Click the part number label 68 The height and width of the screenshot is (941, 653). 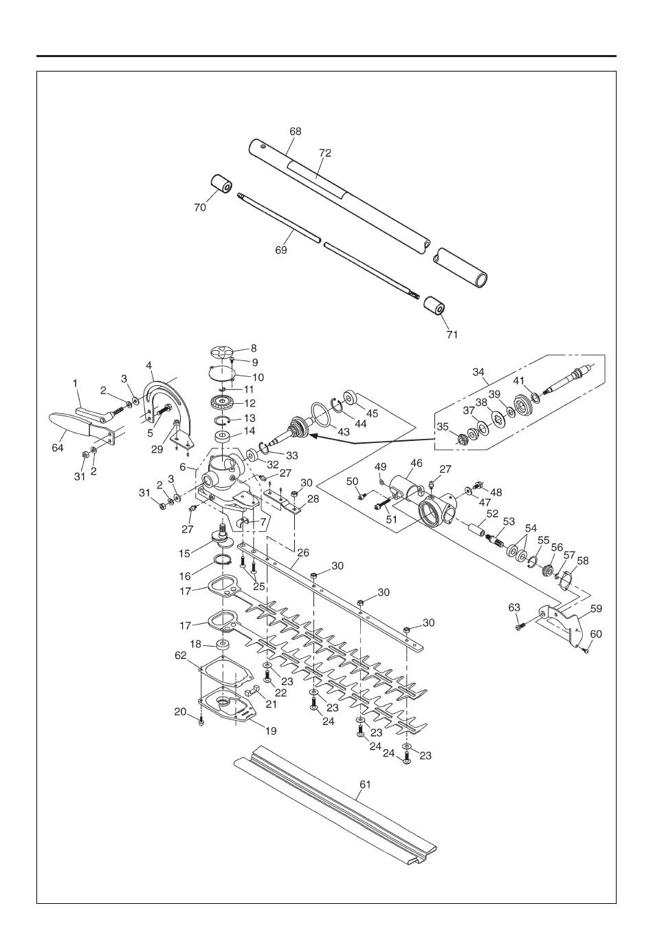tap(296, 131)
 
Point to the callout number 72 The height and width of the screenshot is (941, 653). tap(324, 153)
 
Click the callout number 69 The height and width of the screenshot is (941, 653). tap(281, 250)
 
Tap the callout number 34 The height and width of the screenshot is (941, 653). tap(478, 372)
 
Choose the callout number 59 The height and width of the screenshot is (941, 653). tap(596, 608)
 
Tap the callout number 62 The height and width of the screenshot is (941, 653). tap(181, 656)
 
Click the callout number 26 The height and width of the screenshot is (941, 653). tap(302, 552)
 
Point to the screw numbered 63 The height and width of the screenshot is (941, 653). tap(520, 625)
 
